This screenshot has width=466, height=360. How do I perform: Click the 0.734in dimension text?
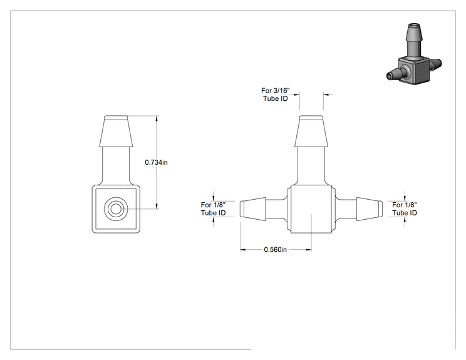click(156, 163)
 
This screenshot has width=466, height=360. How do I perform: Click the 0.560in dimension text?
click(275, 250)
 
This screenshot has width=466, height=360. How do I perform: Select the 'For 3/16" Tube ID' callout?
click(275, 95)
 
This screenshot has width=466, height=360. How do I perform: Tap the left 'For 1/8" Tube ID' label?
click(213, 209)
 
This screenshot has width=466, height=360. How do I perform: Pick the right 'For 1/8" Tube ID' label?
click(405, 209)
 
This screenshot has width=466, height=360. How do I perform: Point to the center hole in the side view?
click(116, 209)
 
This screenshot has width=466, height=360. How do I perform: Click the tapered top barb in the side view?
click(116, 131)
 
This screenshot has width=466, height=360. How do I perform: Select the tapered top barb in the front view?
click(311, 131)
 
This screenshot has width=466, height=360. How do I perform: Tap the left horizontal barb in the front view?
click(253, 209)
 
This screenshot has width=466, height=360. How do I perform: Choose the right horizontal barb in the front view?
click(370, 209)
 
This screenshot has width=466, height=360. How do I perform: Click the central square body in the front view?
click(311, 209)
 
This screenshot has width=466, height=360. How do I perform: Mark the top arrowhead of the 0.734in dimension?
click(157, 118)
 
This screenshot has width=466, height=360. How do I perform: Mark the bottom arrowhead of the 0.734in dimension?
click(157, 206)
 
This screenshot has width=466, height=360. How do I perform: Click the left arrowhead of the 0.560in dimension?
click(243, 250)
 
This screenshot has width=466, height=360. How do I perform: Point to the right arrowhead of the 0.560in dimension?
click(308, 250)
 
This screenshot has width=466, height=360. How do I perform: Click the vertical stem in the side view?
click(116, 166)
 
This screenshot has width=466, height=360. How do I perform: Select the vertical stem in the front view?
click(311, 166)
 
